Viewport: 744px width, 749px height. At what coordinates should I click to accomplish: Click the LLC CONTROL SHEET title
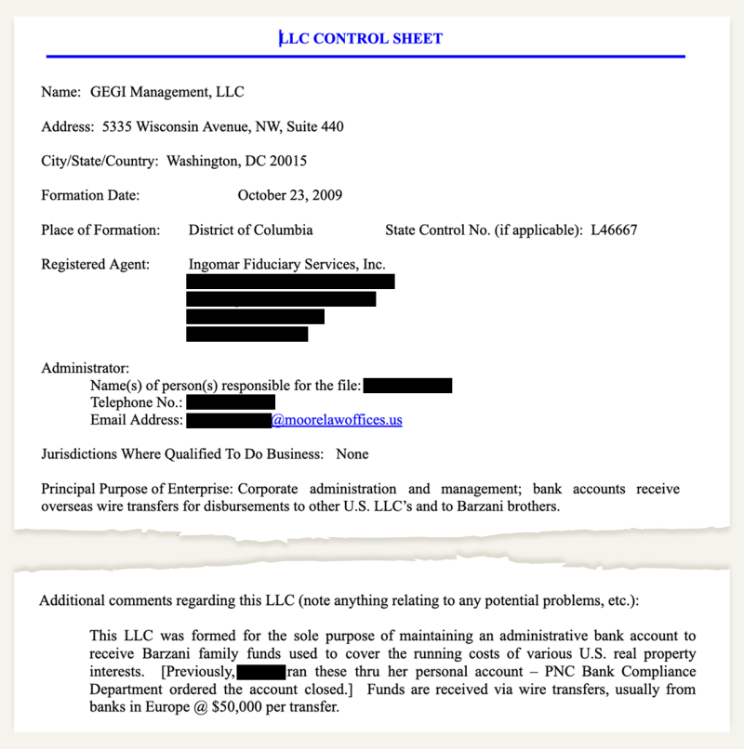click(x=363, y=38)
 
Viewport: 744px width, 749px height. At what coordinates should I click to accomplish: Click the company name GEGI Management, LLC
click(x=167, y=92)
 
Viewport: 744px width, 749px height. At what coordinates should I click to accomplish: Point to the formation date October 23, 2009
click(x=290, y=195)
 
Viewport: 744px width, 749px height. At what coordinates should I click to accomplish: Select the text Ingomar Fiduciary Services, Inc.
click(x=286, y=264)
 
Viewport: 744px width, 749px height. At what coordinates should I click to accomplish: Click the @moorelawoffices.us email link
click(x=337, y=420)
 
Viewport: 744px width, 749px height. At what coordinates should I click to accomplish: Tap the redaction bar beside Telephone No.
click(x=231, y=402)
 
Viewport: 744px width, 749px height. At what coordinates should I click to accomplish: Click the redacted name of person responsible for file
click(x=407, y=385)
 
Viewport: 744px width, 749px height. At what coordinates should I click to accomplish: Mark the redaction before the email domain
click(x=228, y=420)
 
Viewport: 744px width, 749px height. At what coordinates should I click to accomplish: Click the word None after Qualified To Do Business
click(x=352, y=454)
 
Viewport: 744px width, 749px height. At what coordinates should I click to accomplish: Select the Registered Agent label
click(x=95, y=264)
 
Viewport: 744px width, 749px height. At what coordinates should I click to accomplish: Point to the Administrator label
click(x=86, y=368)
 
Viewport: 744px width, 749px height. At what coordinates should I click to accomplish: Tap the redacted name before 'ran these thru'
click(x=260, y=671)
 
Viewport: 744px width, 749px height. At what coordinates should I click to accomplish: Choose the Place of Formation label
click(x=100, y=230)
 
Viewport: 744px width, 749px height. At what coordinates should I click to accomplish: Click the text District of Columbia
click(x=250, y=230)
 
